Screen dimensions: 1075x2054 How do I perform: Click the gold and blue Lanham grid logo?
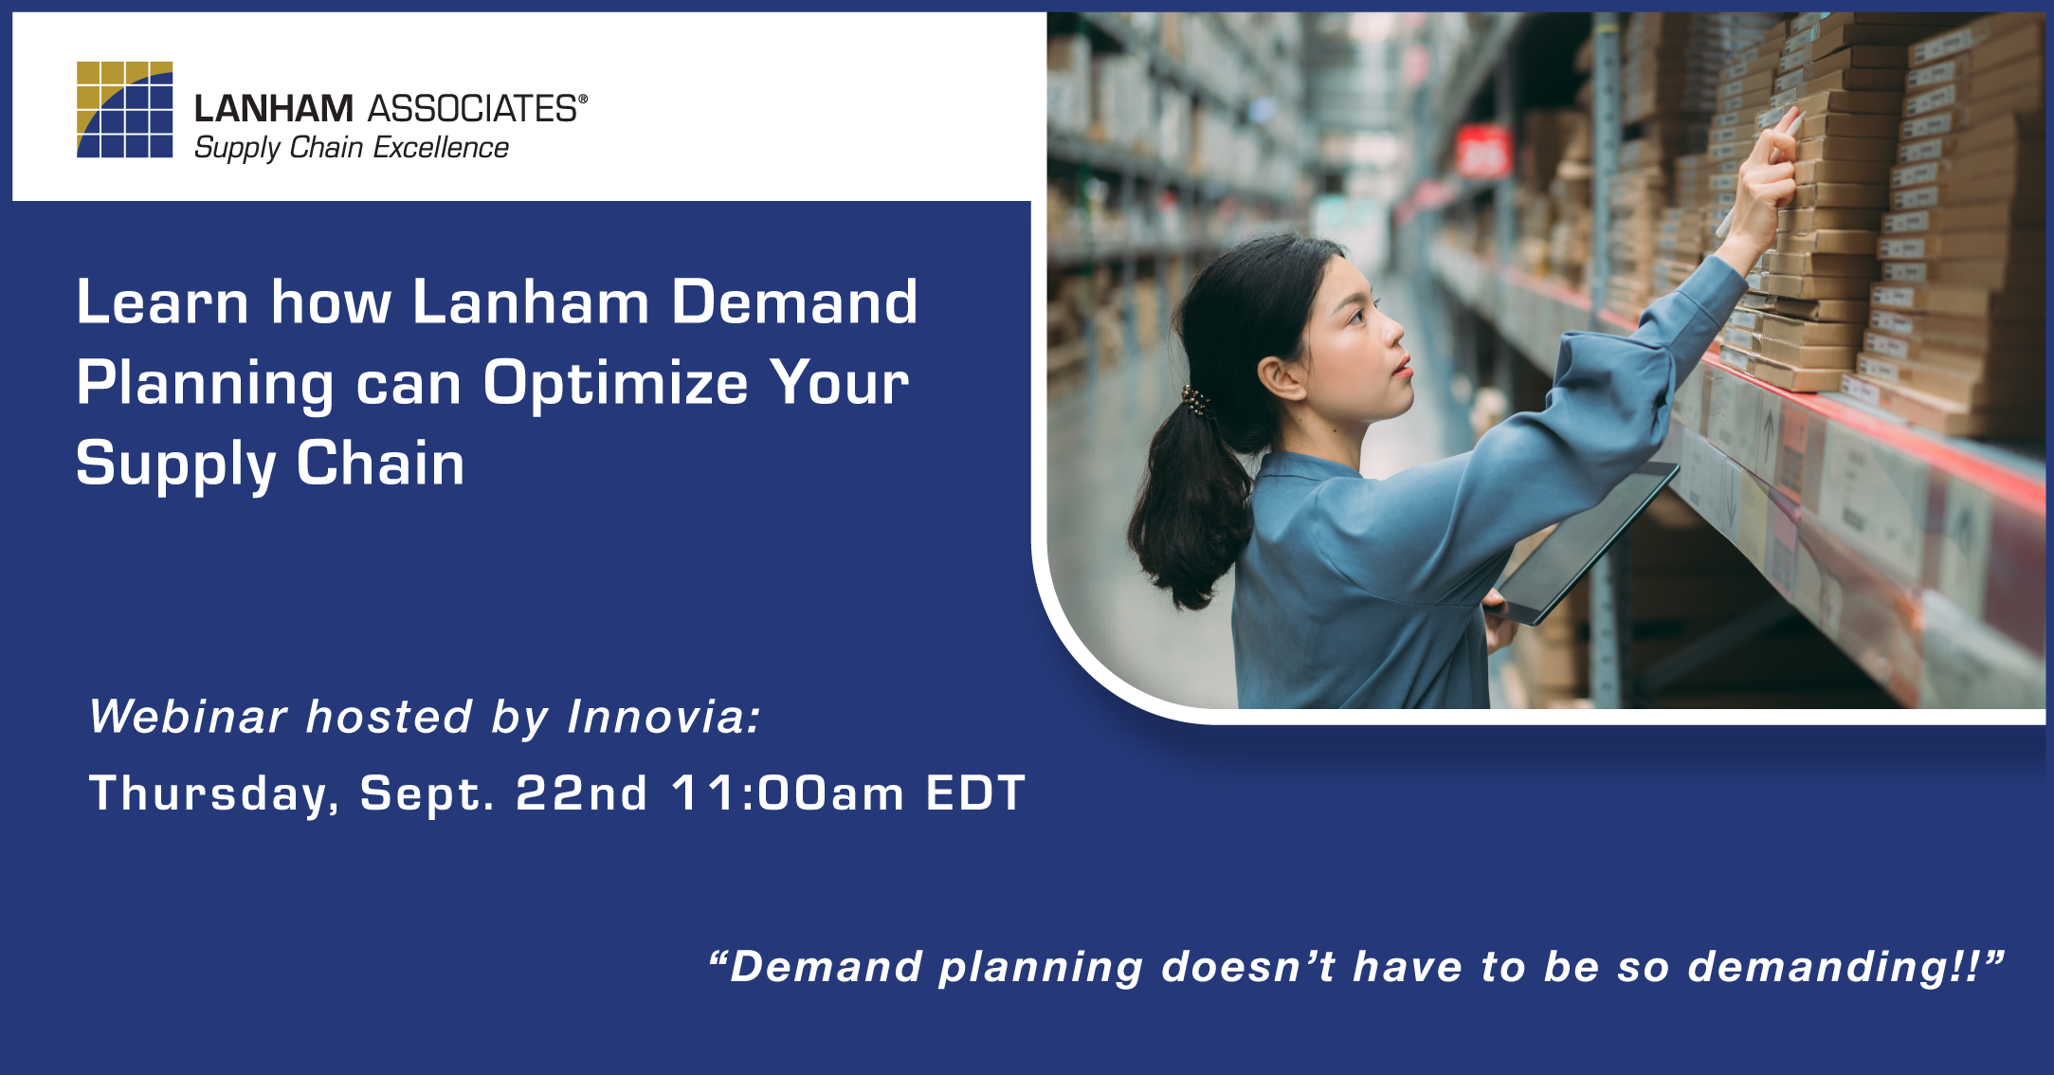coord(124,109)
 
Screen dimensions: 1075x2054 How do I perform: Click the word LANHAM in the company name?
coord(273,109)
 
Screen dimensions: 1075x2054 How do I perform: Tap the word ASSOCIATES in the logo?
coord(471,109)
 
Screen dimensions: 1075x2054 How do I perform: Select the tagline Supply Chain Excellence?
coord(351,148)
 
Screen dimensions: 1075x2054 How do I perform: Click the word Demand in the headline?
coord(794,302)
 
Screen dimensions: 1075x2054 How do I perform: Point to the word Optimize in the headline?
coord(615,383)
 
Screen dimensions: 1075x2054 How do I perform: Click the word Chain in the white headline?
coord(380,464)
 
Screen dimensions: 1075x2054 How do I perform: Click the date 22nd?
coord(581,793)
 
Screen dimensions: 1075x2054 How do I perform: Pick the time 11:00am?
coord(788,793)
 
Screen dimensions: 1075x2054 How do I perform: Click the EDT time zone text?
coord(975,793)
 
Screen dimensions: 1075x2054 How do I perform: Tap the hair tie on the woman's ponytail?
coord(1195,401)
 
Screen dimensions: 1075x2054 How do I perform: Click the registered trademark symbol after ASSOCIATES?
coord(583,99)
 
